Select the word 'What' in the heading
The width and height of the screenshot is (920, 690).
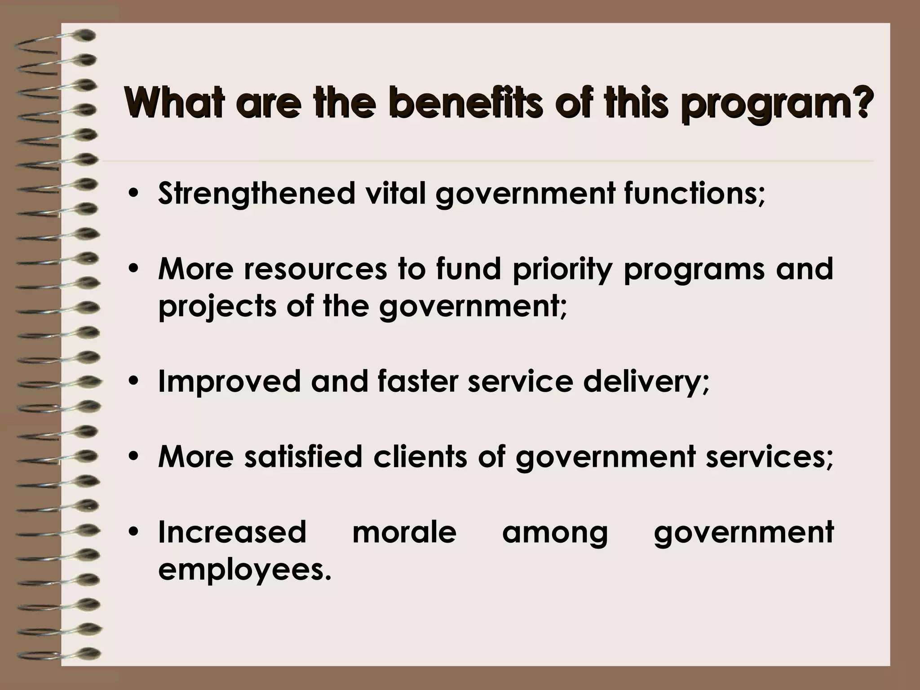172,104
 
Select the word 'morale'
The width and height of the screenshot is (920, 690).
404,532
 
